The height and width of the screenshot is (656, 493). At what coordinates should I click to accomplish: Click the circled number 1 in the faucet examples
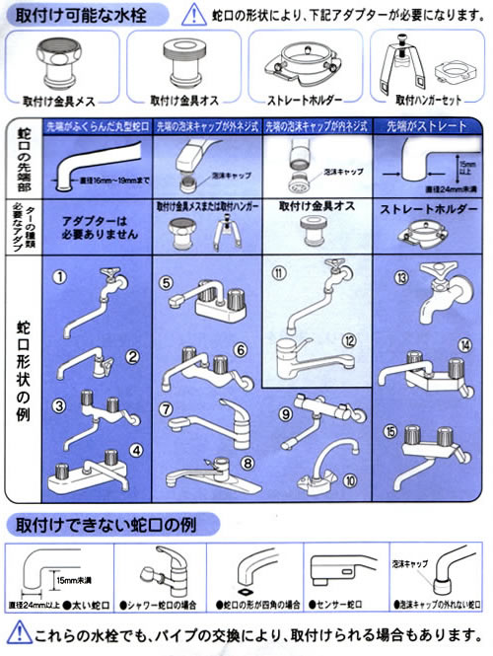tap(61, 277)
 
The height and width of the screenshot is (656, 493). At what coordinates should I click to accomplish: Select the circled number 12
tap(348, 341)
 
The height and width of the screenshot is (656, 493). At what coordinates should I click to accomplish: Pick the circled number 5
tap(167, 282)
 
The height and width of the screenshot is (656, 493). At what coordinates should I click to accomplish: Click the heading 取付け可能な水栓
tap(66, 13)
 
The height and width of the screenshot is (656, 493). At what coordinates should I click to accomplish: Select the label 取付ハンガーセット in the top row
tap(430, 100)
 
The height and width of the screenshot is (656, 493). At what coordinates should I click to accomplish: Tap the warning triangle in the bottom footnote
tap(19, 633)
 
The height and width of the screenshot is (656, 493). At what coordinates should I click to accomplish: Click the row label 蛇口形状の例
tap(22, 370)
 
